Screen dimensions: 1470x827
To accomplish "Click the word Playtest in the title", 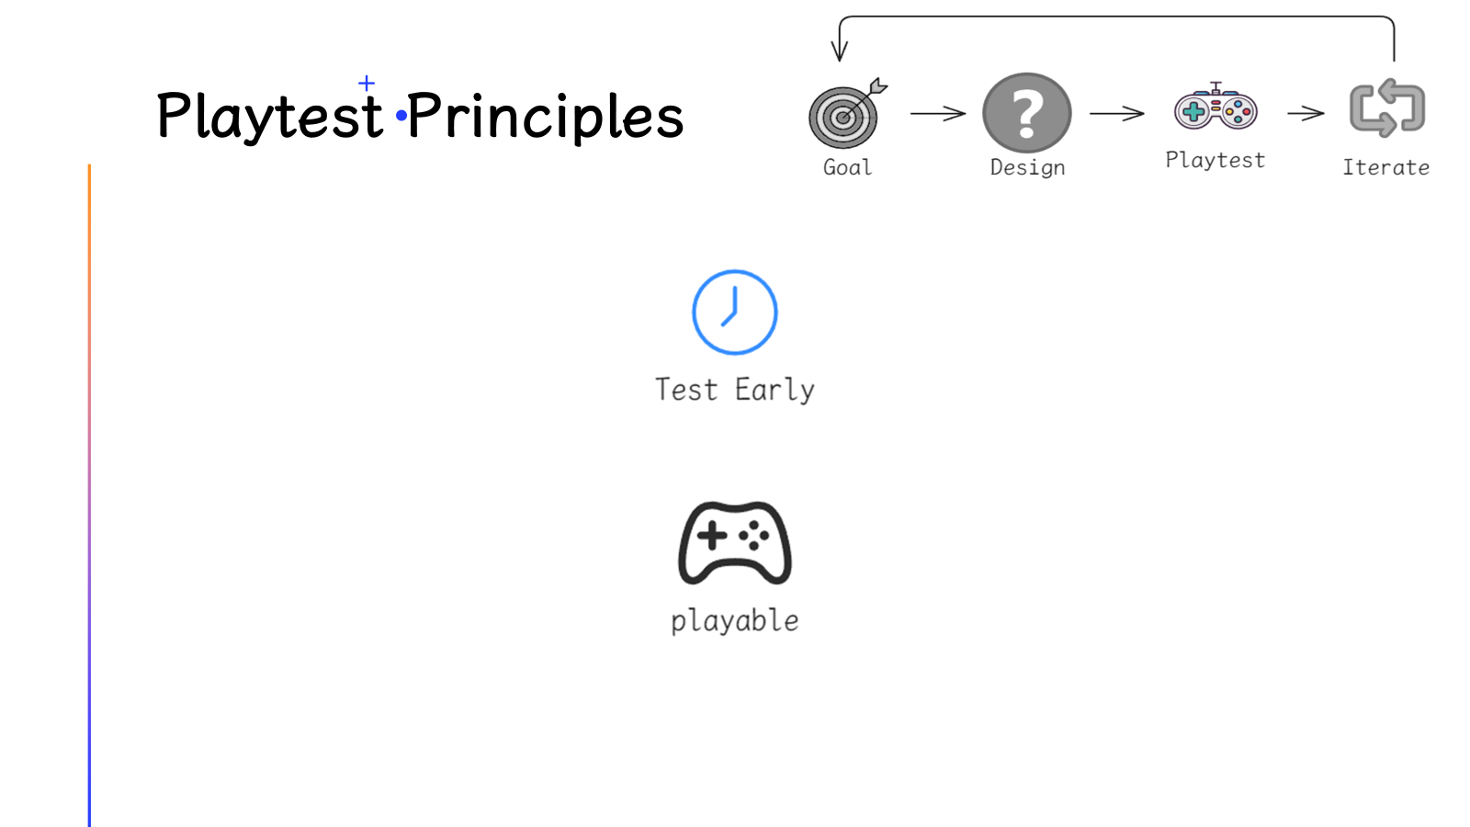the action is tap(270, 116).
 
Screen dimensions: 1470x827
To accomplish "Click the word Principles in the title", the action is tap(546, 116).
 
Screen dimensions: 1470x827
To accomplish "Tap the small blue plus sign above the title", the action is tap(367, 84).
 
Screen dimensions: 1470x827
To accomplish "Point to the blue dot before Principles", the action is tap(401, 116).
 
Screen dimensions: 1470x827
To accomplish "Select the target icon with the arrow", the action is tap(846, 113).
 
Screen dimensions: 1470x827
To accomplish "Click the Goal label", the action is tap(848, 167).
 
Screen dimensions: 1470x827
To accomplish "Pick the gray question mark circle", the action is tap(1027, 113).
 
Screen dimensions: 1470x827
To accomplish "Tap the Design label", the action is tap(1028, 168).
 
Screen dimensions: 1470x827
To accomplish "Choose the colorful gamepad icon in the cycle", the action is tap(1216, 107).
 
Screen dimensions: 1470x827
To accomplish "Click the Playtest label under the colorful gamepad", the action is tap(1216, 160).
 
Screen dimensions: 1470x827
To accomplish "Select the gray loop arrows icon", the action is tap(1386, 108).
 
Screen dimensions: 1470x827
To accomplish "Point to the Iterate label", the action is tap(1386, 167).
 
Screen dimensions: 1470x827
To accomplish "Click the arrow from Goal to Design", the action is tap(938, 114).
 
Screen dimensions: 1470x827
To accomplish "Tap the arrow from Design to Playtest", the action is tap(1117, 114).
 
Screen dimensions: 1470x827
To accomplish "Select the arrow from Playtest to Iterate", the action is tap(1306, 114).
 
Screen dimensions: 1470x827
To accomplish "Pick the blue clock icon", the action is tap(734, 312).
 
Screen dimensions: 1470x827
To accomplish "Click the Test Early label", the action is tap(735, 390).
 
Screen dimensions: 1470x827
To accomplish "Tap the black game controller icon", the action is tap(734, 543).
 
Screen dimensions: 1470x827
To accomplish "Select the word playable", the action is tap(735, 621).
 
